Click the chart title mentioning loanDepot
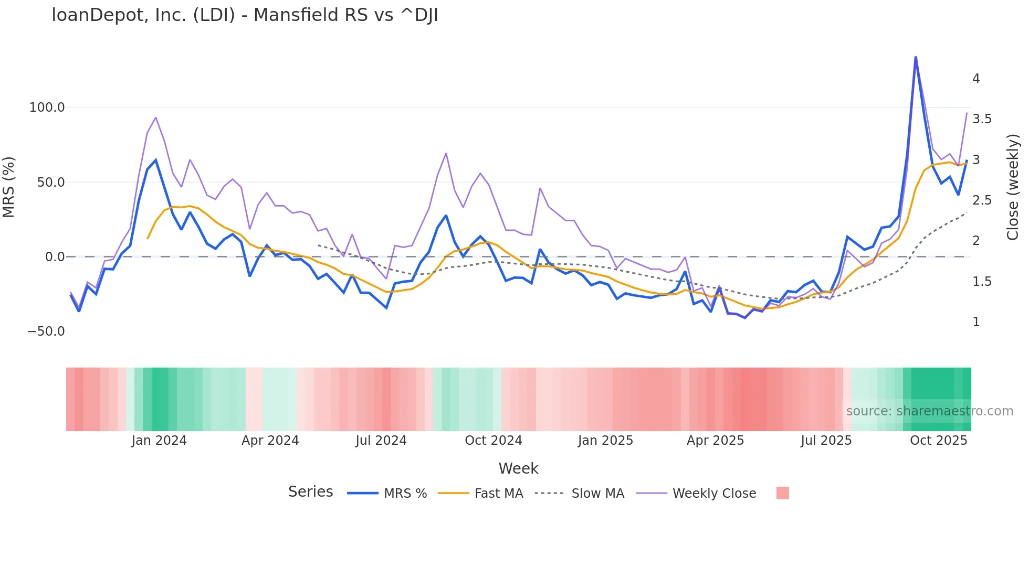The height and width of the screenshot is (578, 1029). click(245, 15)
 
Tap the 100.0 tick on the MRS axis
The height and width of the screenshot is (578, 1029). click(47, 108)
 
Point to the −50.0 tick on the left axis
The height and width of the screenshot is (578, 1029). click(46, 331)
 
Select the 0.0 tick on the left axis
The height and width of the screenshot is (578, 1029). click(55, 257)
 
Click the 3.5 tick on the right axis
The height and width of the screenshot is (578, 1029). click(982, 119)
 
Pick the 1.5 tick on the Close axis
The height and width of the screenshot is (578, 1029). click(982, 282)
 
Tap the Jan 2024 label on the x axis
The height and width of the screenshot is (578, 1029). click(159, 441)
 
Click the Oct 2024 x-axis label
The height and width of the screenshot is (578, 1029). click(493, 441)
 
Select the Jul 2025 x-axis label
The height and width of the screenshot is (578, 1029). click(826, 441)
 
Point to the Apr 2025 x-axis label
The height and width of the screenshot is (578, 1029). click(715, 441)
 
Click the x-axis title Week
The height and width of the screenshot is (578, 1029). click(518, 468)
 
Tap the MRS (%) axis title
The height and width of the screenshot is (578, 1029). click(9, 187)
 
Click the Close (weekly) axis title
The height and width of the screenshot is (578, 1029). click(1013, 187)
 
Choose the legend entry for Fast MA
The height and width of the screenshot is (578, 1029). click(498, 494)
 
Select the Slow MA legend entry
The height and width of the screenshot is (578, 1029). click(597, 494)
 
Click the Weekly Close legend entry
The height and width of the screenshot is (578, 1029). click(714, 494)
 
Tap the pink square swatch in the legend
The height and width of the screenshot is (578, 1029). click(782, 493)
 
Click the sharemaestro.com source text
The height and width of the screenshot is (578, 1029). click(929, 411)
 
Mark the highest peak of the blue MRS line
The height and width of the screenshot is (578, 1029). click(916, 57)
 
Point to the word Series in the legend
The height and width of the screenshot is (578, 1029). click(310, 492)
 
